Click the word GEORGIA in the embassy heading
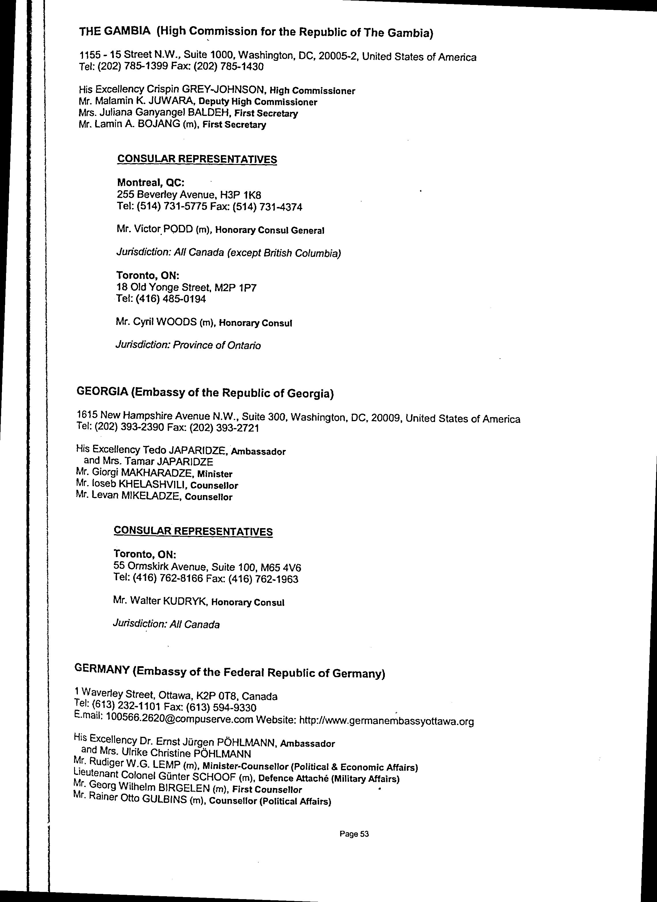point(102,391)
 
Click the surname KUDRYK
point(185,601)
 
